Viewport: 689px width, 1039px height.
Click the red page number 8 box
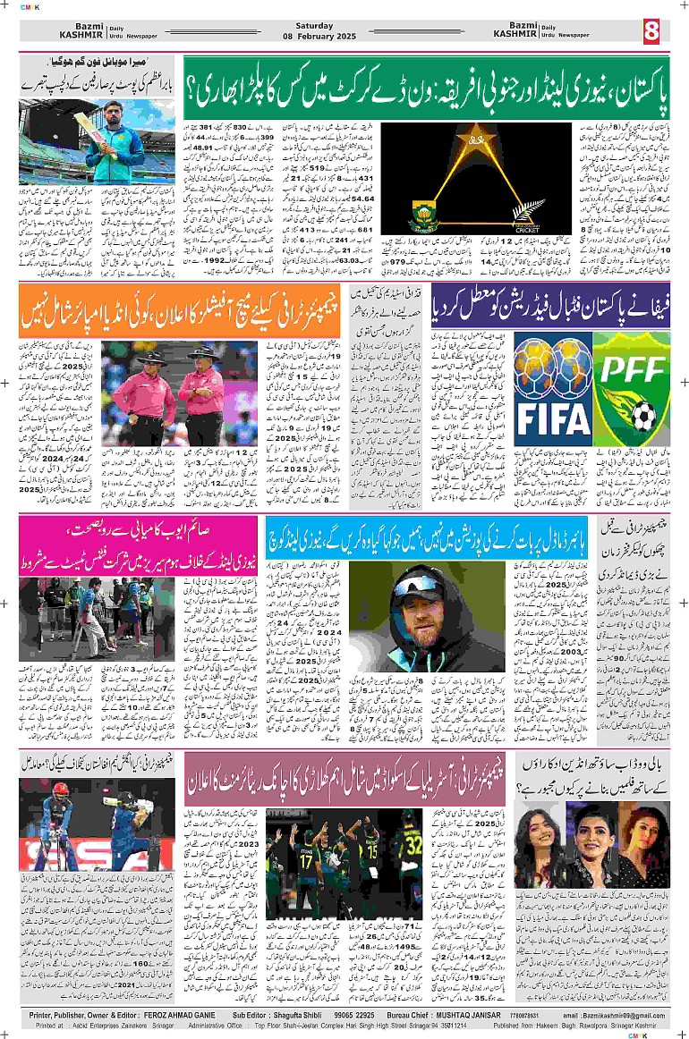[x=651, y=30]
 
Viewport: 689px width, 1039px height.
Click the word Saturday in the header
[x=314, y=26]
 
